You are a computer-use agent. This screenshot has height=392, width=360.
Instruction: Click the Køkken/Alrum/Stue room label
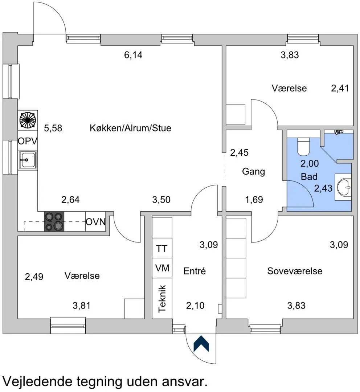pos(131,128)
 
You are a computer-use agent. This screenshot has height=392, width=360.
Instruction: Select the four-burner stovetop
pos(54,221)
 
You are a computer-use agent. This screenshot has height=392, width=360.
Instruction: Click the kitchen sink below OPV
pos(28,159)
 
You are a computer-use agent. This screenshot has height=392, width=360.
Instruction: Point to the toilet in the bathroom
pos(304,147)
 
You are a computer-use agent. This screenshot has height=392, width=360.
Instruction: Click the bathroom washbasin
pos(344,187)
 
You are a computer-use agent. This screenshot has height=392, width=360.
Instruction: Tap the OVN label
pos(96,222)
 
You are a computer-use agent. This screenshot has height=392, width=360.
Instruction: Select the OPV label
pos(28,141)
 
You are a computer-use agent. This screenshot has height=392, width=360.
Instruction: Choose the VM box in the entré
pos(162,268)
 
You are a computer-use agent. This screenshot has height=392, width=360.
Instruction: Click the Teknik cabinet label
pos(162,298)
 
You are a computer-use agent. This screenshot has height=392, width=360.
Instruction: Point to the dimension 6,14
pos(133,55)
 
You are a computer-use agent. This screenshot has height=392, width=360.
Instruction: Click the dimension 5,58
pos(53,128)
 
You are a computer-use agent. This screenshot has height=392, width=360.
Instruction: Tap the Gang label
pos(254,172)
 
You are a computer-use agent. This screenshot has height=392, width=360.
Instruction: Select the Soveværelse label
pos(295,271)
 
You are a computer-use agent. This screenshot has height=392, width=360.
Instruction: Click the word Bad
pos(309,177)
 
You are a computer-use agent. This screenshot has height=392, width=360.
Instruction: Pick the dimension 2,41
pos(340,88)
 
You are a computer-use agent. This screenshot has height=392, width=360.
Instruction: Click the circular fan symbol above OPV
pos(28,120)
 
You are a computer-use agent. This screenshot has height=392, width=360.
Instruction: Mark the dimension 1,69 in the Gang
pos(254,200)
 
